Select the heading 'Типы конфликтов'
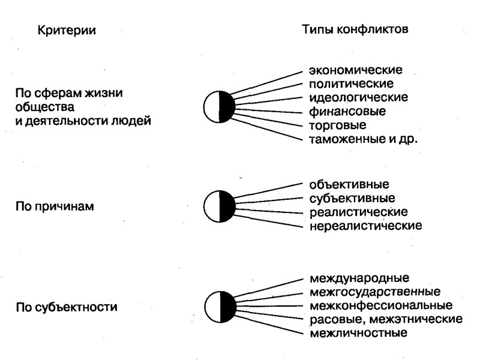tap(355, 29)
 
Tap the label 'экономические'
tap(356, 70)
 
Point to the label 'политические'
tap(352, 83)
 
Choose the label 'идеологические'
tap(359, 97)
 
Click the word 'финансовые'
tap(347, 111)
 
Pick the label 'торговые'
tap(338, 125)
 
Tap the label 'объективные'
tap(349, 184)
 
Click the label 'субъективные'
tap(352, 198)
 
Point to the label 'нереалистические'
tap(366, 226)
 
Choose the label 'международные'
tap(359, 278)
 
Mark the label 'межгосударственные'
tap(375, 292)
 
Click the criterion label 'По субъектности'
tap(66, 307)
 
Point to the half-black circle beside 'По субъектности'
tap(219, 307)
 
